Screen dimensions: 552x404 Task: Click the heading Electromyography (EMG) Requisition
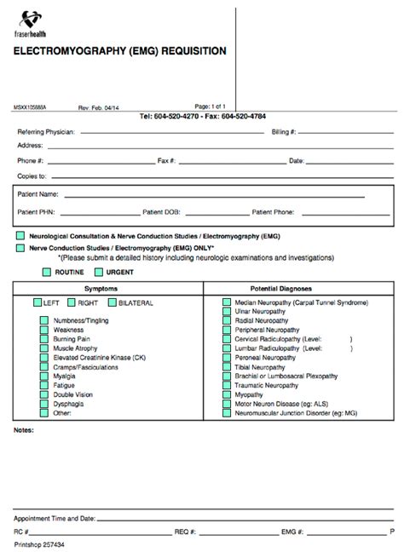119,51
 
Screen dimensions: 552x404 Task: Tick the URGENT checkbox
99,272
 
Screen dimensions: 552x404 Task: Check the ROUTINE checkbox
47,272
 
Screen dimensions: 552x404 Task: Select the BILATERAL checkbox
112,302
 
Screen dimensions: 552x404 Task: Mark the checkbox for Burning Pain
44,339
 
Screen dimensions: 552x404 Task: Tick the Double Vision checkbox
44,394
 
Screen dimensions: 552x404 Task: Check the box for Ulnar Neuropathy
227,312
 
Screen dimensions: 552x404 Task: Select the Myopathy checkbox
227,394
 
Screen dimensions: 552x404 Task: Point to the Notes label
23,430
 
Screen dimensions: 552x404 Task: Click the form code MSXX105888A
32,108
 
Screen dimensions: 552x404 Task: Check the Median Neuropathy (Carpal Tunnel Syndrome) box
227,302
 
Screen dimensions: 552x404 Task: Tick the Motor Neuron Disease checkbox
227,404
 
